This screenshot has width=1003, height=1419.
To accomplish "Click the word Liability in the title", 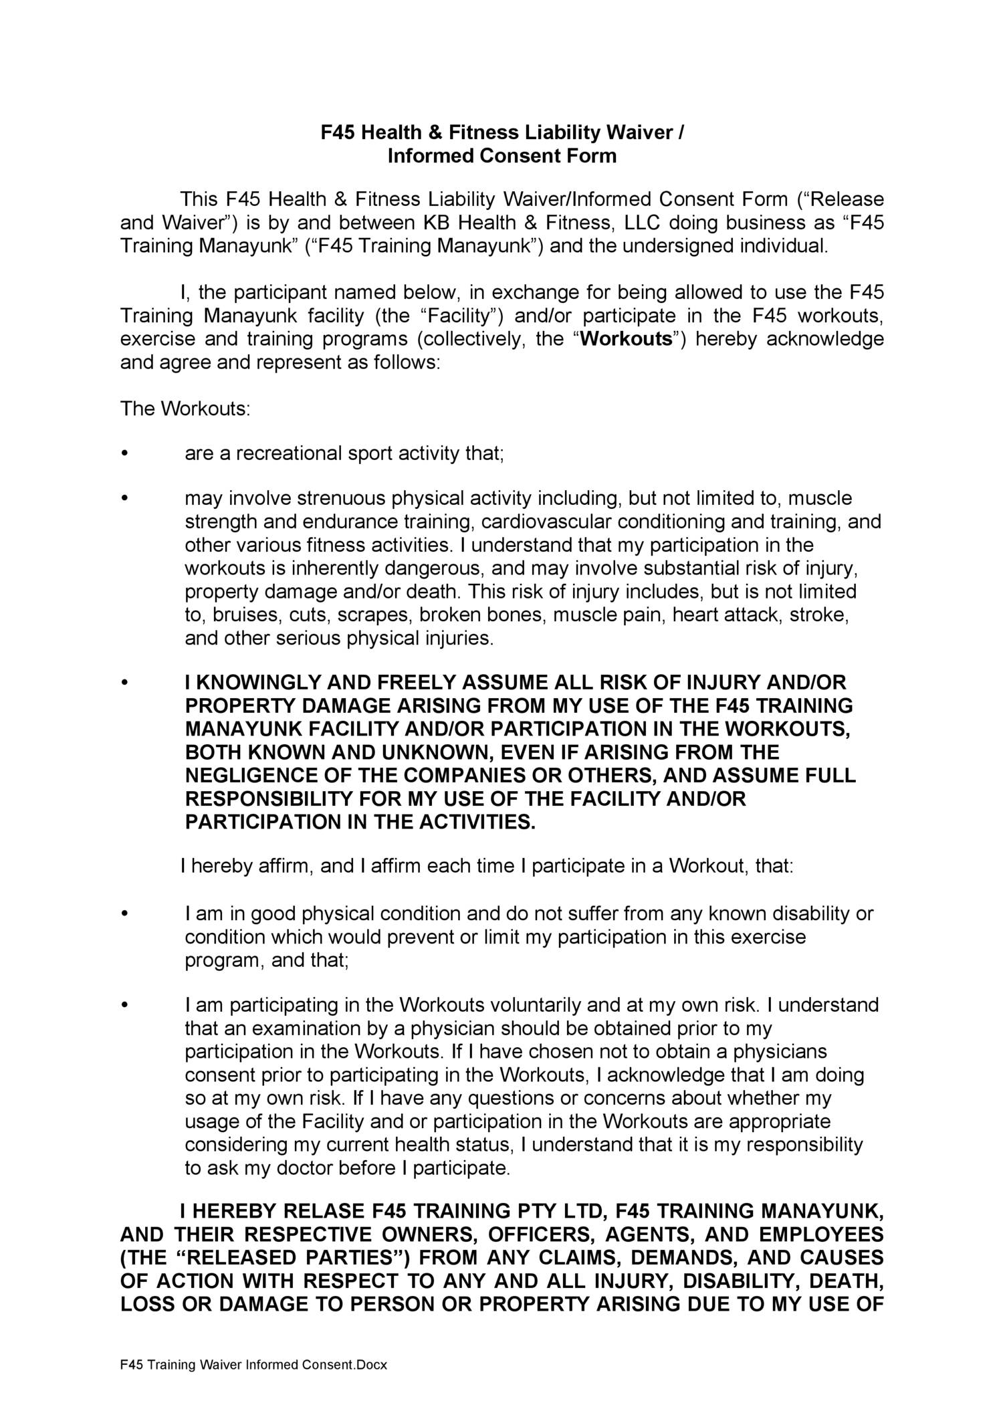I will point(562,132).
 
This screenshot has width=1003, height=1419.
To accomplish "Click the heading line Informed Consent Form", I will point(501,156).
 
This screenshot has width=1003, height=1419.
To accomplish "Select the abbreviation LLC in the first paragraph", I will point(644,222).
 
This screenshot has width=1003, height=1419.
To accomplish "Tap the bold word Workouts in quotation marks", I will point(626,339).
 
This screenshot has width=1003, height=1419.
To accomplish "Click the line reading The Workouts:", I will point(185,409).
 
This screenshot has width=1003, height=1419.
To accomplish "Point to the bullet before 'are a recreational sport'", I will point(123,454).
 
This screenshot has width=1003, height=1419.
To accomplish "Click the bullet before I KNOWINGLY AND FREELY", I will point(123,683).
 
